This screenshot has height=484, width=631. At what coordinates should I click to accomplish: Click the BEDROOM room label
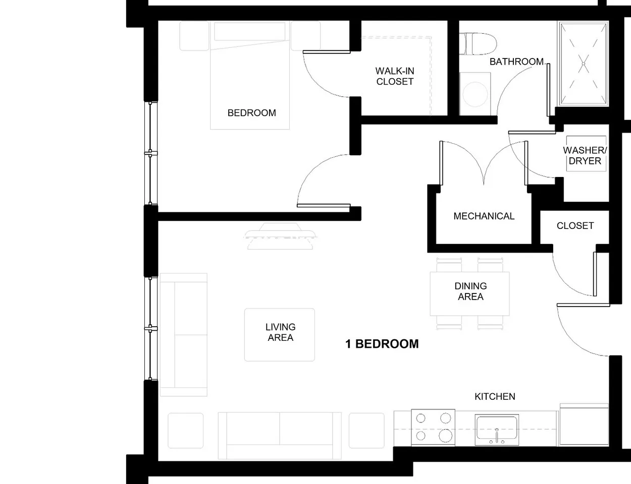(251, 113)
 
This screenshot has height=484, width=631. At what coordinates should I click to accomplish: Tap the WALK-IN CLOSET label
(395, 76)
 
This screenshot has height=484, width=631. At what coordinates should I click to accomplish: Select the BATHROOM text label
(516, 62)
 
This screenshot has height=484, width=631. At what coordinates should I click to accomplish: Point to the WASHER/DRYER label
(585, 156)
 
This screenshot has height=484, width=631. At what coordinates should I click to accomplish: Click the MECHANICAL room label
(484, 216)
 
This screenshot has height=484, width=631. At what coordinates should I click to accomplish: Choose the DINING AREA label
(470, 291)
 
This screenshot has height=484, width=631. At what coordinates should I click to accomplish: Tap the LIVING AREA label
(280, 332)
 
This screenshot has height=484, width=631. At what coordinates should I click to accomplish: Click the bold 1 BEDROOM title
(382, 344)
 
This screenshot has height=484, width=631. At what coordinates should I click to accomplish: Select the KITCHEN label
(495, 397)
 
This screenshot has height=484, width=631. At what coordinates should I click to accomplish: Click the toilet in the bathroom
(477, 43)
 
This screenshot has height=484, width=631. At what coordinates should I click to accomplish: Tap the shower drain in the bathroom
(583, 64)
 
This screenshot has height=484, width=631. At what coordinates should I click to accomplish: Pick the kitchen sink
(497, 430)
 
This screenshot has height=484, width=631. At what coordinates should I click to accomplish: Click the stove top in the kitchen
(433, 427)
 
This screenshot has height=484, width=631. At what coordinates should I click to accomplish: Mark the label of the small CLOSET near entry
(575, 226)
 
